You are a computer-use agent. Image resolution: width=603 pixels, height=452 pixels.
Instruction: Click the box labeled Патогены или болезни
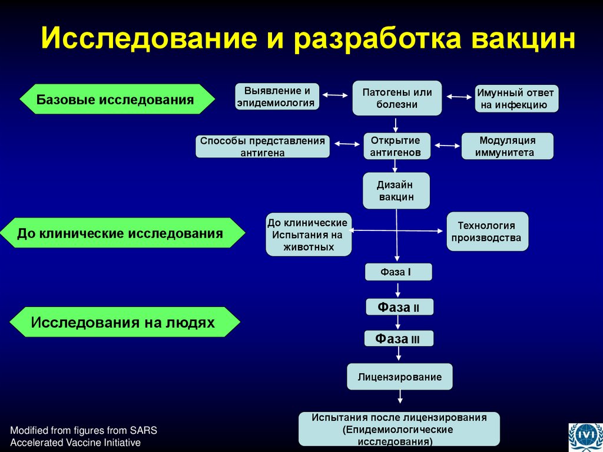click(397, 98)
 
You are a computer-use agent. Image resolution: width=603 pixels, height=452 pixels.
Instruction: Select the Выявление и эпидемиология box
click(277, 97)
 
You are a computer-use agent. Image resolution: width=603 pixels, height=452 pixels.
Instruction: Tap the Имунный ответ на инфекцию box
click(516, 99)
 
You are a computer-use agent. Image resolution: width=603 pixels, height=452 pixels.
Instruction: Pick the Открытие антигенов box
click(397, 146)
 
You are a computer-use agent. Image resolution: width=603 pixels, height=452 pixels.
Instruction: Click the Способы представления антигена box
click(263, 146)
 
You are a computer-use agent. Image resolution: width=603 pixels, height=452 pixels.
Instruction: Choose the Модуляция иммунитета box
click(507, 146)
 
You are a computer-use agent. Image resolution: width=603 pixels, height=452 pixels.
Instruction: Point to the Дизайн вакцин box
click(396, 190)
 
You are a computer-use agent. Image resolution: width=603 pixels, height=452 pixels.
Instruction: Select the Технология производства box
click(486, 232)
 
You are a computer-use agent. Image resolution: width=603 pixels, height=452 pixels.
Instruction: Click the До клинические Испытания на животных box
click(308, 234)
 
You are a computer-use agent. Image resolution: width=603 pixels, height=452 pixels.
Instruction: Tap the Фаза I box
click(399, 272)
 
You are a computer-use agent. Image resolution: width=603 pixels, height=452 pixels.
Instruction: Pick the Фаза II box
click(399, 307)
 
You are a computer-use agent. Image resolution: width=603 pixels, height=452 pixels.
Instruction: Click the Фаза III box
click(399, 338)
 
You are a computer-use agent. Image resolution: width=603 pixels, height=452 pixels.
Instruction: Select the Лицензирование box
click(399, 377)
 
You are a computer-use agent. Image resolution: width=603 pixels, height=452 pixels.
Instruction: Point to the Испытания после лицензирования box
click(399, 428)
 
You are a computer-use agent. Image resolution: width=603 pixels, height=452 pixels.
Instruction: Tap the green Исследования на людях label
click(124, 322)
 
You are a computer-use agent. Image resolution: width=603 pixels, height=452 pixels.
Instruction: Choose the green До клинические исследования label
click(121, 233)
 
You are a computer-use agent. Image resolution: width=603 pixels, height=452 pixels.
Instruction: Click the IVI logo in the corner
click(584, 436)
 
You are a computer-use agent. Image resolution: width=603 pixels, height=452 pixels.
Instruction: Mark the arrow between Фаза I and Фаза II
click(399, 289)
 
